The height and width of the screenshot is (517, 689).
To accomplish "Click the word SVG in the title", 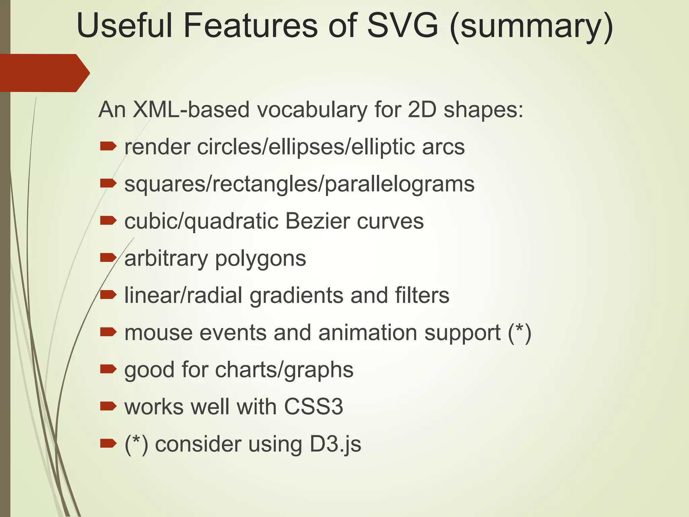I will tap(403, 26).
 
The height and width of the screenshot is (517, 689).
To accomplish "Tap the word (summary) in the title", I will tap(531, 27).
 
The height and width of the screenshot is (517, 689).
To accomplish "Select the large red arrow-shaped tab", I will tap(44, 73).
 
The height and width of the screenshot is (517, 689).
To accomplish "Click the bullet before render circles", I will tap(108, 146).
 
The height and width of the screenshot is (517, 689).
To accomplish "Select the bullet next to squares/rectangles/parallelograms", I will tap(108, 183).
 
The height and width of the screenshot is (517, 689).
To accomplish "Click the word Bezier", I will tap(318, 221).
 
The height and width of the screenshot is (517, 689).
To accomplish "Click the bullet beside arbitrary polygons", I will tap(108, 258).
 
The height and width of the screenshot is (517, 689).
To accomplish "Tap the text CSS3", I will tap(313, 407).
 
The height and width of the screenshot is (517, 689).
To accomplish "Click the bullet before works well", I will tap(108, 407).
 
